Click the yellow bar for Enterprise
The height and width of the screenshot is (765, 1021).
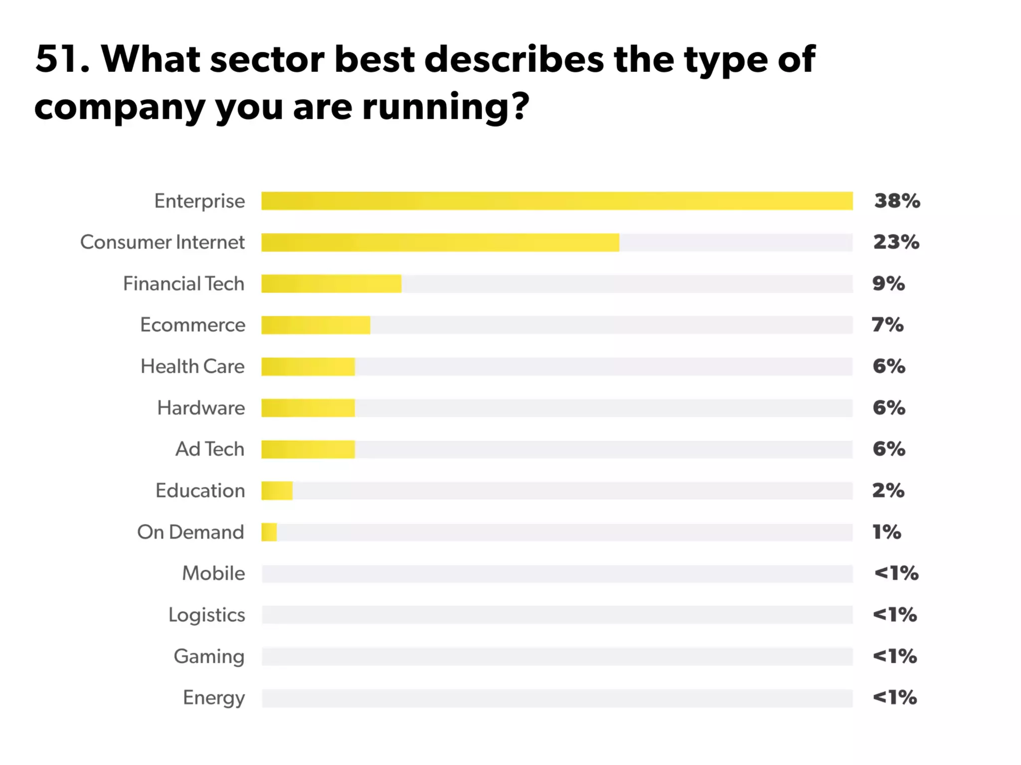pyautogui.click(x=557, y=201)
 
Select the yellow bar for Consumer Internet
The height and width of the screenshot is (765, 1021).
pyautogui.click(x=440, y=243)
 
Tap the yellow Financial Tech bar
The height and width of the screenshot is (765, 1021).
pyautogui.click(x=331, y=284)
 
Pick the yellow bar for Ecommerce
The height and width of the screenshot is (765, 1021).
pyautogui.click(x=316, y=325)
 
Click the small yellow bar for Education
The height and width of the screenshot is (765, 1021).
pyautogui.click(x=277, y=491)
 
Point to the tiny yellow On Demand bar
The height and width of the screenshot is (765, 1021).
pyautogui.click(x=269, y=532)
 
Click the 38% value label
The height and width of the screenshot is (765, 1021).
pyautogui.click(x=897, y=201)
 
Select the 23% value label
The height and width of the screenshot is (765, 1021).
pyautogui.click(x=896, y=242)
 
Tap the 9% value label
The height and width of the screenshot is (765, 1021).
pyautogui.click(x=888, y=283)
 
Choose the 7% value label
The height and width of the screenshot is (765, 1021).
pyautogui.click(x=887, y=325)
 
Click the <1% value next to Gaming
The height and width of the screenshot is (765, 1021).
pyautogui.click(x=894, y=656)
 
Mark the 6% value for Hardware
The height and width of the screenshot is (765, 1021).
pyautogui.click(x=889, y=407)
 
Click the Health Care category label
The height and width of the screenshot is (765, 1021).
pyautogui.click(x=192, y=366)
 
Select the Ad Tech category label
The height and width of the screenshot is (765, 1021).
pyautogui.click(x=209, y=449)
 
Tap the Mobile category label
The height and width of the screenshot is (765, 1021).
pyautogui.click(x=213, y=573)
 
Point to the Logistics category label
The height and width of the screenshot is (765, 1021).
pyautogui.click(x=206, y=615)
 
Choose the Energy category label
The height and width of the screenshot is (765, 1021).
pyautogui.click(x=213, y=698)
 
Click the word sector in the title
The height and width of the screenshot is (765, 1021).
pyautogui.click(x=267, y=60)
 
